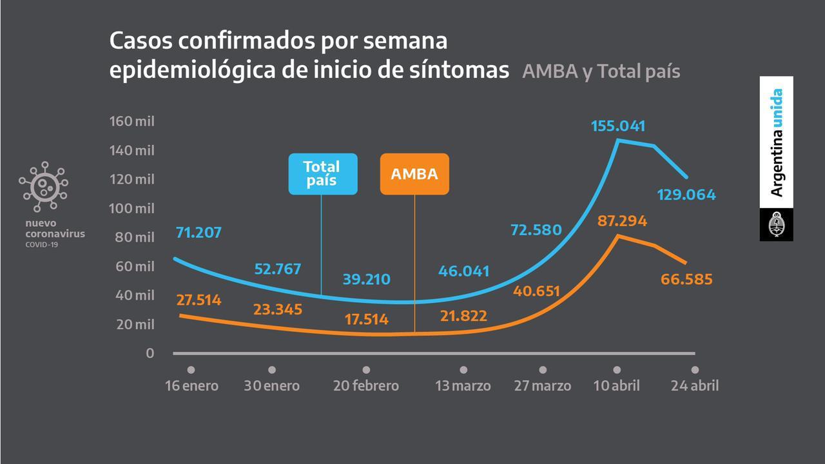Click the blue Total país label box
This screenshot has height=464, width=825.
(x=322, y=174)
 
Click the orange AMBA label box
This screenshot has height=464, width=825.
(x=414, y=174)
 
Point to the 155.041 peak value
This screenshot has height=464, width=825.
(x=617, y=126)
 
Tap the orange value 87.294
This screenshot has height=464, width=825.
(x=621, y=221)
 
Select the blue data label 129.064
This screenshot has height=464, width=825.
(x=686, y=195)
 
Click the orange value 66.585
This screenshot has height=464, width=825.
(x=686, y=279)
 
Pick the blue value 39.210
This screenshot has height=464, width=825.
(x=366, y=280)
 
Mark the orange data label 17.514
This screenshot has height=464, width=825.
(x=366, y=319)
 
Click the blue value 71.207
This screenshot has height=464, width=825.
(x=199, y=232)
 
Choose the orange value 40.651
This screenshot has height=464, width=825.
(x=537, y=291)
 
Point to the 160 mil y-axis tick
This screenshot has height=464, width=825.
(x=132, y=121)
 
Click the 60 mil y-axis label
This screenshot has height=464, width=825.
(x=135, y=266)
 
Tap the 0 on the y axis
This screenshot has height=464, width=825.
(x=150, y=353)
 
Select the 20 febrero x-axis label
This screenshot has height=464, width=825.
(x=366, y=386)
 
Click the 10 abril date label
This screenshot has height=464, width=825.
(x=617, y=386)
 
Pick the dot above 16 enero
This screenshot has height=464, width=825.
(x=191, y=370)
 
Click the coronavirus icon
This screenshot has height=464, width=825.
(x=43, y=186)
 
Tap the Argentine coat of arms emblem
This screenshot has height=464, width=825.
(x=776, y=224)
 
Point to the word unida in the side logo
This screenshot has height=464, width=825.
(x=777, y=108)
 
